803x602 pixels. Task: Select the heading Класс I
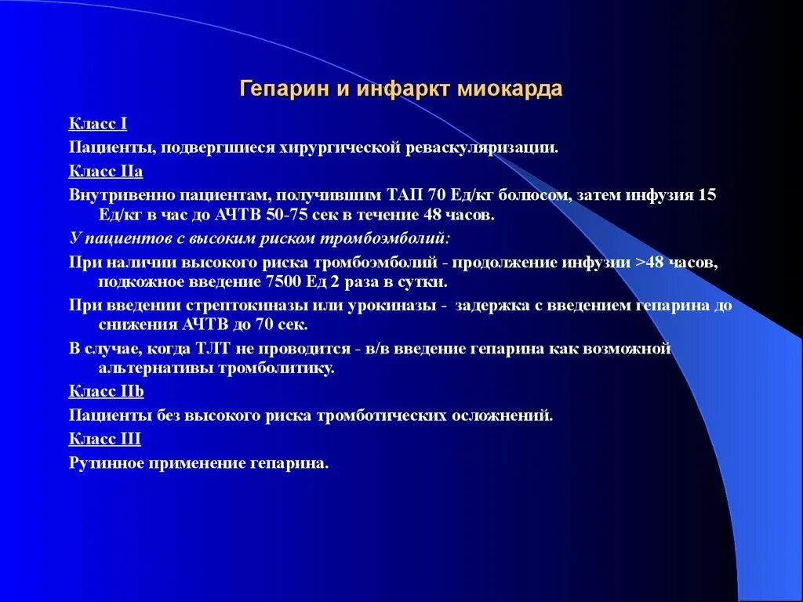pyautogui.click(x=98, y=123)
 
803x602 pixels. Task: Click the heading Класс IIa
pyautogui.click(x=106, y=172)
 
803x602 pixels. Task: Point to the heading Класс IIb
pyautogui.click(x=107, y=390)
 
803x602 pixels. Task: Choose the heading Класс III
pyautogui.click(x=105, y=439)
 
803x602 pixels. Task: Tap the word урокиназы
pyautogui.click(x=390, y=305)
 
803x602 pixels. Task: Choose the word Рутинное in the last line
pyautogui.click(x=106, y=463)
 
